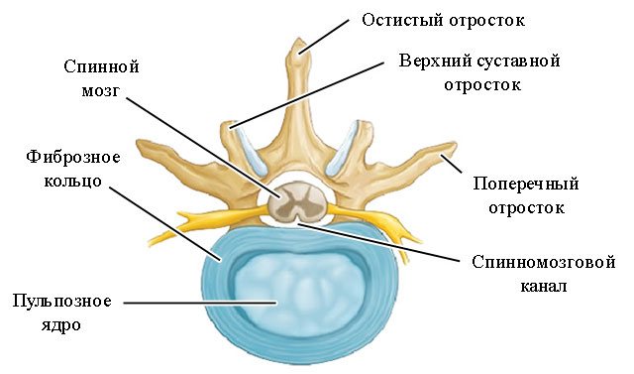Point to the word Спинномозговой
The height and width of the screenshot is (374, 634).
point(533,265)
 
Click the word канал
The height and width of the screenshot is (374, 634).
point(533,289)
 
